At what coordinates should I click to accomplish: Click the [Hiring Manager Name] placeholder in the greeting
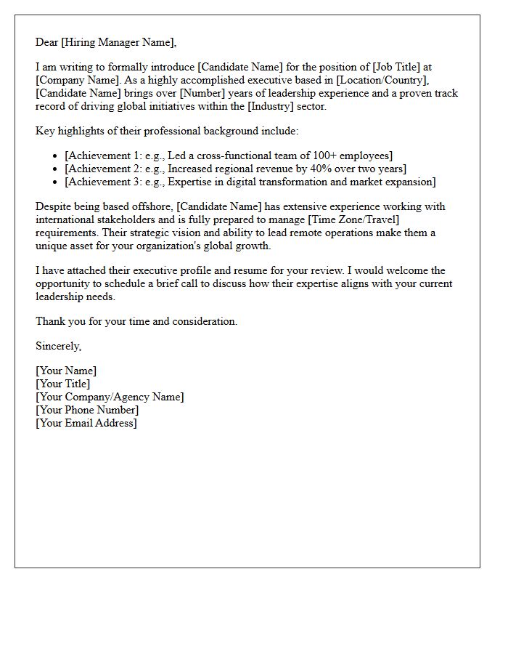tap(118, 42)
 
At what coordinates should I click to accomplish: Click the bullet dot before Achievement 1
tap(55, 156)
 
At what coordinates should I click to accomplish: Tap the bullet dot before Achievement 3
tap(55, 182)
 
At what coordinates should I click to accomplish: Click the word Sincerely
tap(58, 346)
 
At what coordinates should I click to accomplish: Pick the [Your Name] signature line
tap(66, 371)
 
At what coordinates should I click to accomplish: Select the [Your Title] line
tap(63, 384)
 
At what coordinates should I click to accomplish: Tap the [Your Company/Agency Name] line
tap(110, 397)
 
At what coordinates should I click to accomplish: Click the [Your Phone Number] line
tap(87, 410)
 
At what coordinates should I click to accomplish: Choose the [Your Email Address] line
tap(86, 423)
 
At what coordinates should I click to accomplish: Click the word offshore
tap(152, 206)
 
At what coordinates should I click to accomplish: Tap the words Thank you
tap(62, 321)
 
